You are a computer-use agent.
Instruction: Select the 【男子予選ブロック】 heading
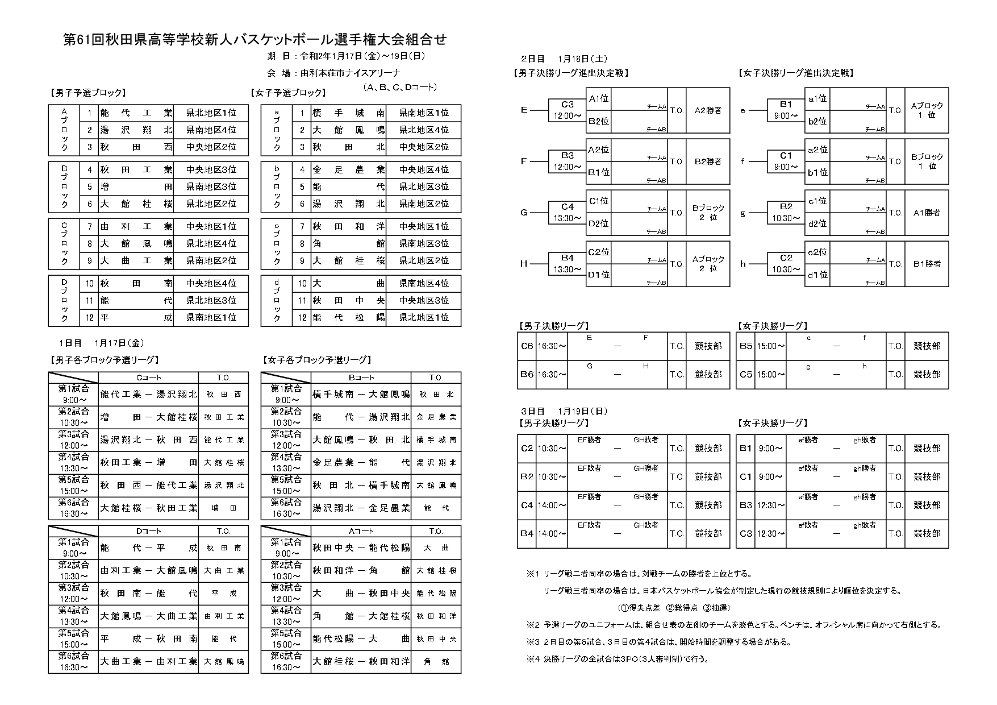(87, 93)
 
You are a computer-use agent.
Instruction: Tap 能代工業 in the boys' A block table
(136, 113)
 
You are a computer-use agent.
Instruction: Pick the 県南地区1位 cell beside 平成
(211, 317)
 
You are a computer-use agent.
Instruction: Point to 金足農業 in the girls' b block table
(348, 169)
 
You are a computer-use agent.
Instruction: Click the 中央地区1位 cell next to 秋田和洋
(423, 226)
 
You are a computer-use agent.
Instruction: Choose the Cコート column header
(148, 378)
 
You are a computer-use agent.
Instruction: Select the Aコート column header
(361, 531)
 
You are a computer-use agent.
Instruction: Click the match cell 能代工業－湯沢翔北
(148, 394)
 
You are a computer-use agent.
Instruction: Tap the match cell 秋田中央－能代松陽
(361, 548)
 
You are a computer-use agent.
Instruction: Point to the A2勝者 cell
(708, 110)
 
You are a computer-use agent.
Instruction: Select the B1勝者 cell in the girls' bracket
(927, 264)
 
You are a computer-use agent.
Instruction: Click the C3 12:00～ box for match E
(568, 110)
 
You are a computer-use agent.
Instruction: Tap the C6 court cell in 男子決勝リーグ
(527, 346)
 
